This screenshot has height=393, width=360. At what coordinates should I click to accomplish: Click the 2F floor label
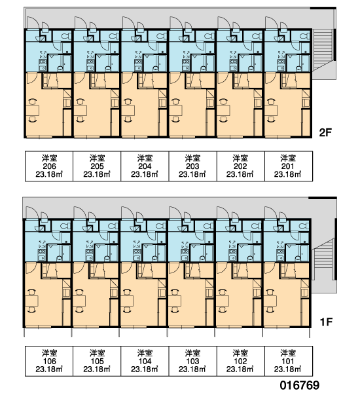325,132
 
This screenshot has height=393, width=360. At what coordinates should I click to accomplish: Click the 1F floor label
326,322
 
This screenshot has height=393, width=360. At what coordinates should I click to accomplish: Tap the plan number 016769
300,385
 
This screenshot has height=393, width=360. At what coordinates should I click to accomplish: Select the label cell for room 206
49,166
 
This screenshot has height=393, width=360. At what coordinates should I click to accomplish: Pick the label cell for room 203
192,166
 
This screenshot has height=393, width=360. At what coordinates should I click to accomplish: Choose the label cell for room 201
289,166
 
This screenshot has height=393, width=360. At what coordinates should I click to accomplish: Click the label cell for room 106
49,361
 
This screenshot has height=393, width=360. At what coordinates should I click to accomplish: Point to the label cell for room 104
145,361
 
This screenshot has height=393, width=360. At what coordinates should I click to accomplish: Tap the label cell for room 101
289,361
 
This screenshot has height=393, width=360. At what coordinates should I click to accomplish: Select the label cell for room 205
97,166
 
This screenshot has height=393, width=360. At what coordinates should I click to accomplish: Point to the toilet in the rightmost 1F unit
304,226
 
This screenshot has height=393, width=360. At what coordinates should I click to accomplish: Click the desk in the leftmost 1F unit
31,301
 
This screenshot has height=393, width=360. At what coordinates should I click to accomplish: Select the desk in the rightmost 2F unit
272,111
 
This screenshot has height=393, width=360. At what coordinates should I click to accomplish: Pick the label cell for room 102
240,361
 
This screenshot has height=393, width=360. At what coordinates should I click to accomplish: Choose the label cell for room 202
240,166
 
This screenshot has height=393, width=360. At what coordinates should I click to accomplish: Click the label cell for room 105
97,361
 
